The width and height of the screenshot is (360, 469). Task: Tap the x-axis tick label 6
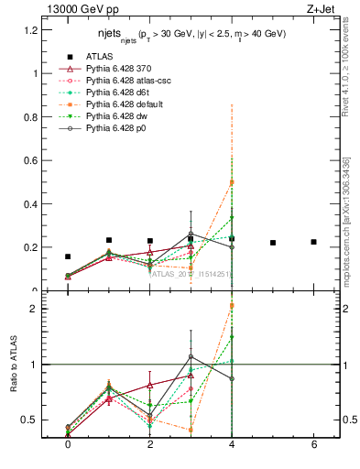pyautogui.click(x=313, y=444)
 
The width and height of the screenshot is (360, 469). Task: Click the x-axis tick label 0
pyautogui.click(x=68, y=444)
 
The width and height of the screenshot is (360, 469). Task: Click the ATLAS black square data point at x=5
pyautogui.click(x=273, y=243)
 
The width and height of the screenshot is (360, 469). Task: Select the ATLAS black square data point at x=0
pyautogui.click(x=68, y=256)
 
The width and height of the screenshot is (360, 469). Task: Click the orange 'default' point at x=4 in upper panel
pyautogui.click(x=232, y=182)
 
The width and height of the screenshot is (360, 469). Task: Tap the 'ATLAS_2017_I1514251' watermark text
pyautogui.click(x=191, y=273)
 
